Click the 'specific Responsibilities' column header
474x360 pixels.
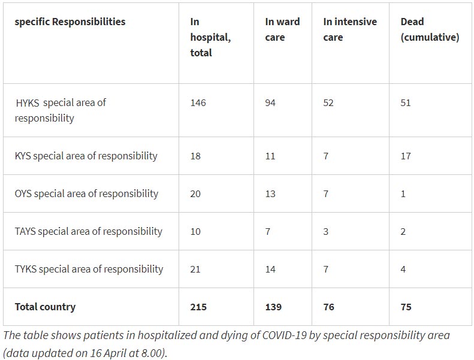(70, 22)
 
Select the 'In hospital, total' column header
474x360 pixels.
(210, 37)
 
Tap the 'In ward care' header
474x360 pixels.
(282, 29)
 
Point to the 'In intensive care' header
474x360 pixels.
(350, 29)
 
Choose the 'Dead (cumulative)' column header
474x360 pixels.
(430, 29)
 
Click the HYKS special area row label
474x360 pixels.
(60, 110)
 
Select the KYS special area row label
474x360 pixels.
(86, 156)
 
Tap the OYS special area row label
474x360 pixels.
(86, 193)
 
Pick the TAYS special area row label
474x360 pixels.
(88, 231)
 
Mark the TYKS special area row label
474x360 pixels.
(89, 269)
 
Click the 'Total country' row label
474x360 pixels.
(45, 307)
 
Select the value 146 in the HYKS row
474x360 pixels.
(198, 102)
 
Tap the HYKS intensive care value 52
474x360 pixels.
(329, 102)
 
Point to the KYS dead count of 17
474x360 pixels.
(406, 156)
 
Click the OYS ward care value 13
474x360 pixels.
(270, 193)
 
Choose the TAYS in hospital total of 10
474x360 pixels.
(196, 231)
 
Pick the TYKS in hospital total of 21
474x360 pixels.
(196, 269)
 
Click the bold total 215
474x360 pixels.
(198, 307)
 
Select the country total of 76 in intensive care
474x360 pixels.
(329, 307)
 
